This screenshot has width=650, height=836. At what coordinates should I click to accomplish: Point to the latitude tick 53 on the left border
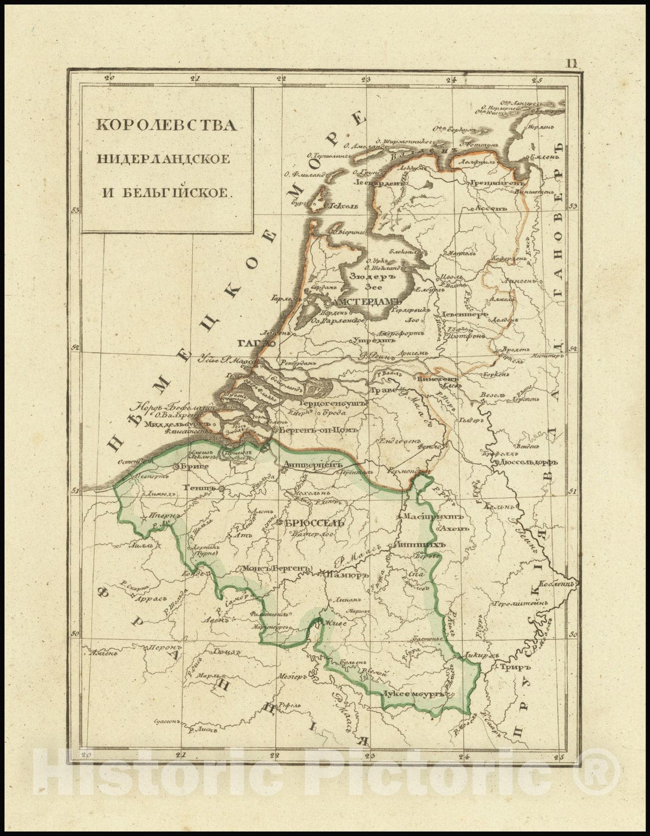(75, 211)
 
